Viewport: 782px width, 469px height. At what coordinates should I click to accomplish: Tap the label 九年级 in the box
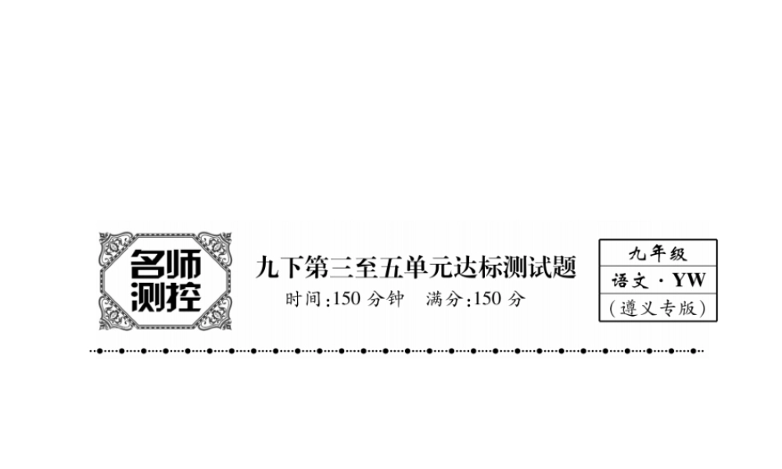coord(657,253)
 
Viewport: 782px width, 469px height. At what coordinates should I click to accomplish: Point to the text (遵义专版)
coord(658,308)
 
